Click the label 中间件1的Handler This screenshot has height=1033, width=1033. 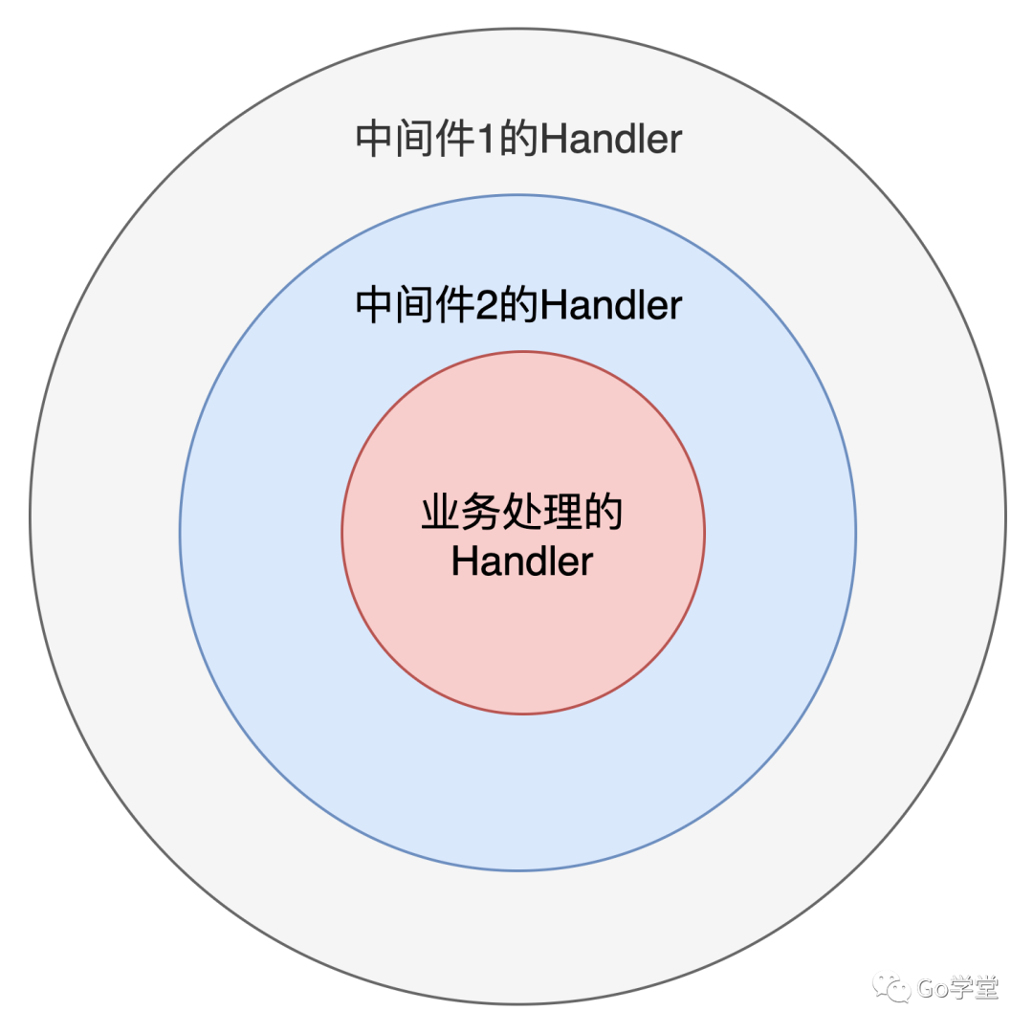517,140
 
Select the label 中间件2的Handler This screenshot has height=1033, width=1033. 517,306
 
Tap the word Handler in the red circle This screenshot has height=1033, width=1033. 522,561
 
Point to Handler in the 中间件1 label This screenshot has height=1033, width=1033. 609,140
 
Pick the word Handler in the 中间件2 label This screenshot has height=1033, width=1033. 609,306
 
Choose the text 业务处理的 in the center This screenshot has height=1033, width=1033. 522,514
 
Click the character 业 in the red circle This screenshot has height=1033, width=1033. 441,514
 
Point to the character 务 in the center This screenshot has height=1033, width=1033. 481,514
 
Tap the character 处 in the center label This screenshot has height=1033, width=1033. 522,514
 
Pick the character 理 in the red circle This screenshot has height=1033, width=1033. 563,514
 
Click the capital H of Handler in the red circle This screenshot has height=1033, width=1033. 463,561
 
